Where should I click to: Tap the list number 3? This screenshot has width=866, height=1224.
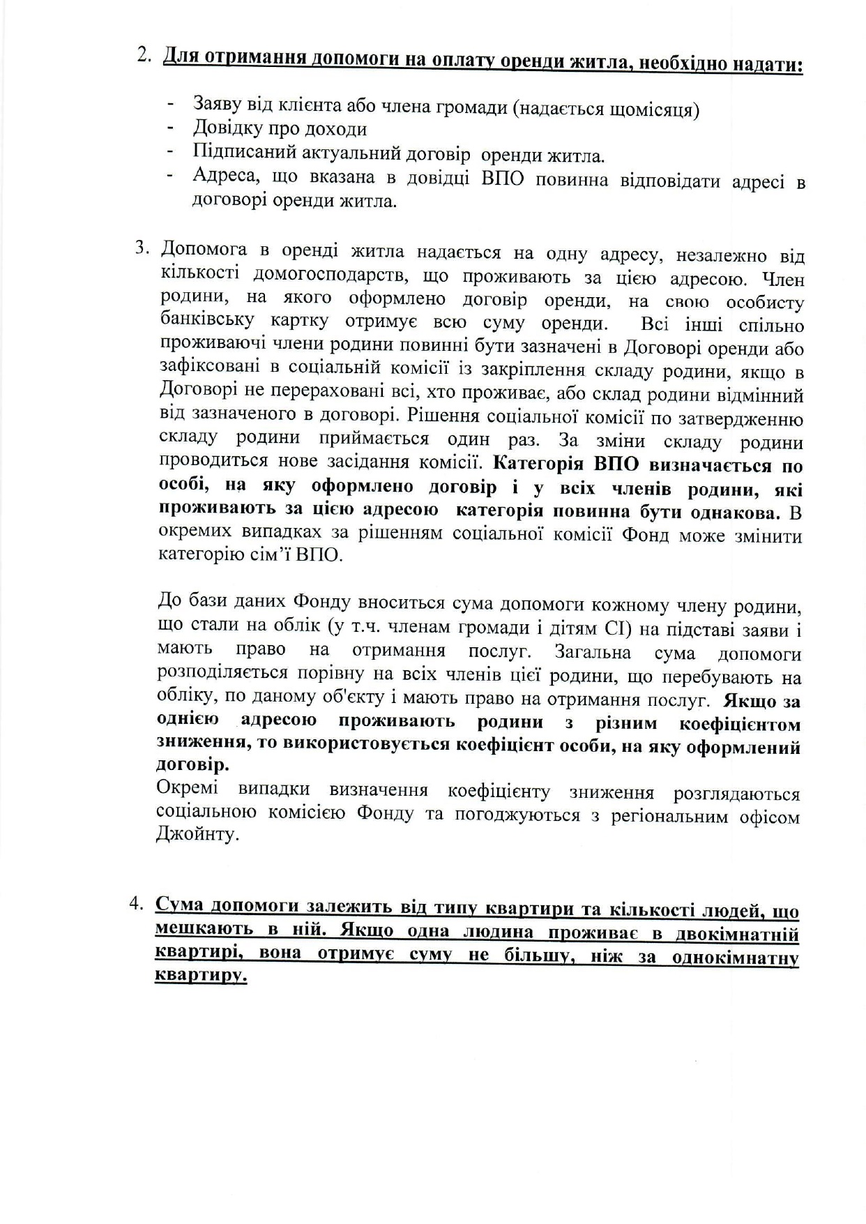(x=142, y=248)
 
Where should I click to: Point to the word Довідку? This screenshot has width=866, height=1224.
(x=226, y=129)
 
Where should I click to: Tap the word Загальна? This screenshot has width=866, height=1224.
(x=593, y=652)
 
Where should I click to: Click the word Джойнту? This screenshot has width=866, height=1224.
(x=198, y=834)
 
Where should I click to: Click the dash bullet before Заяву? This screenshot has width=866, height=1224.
(x=170, y=105)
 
